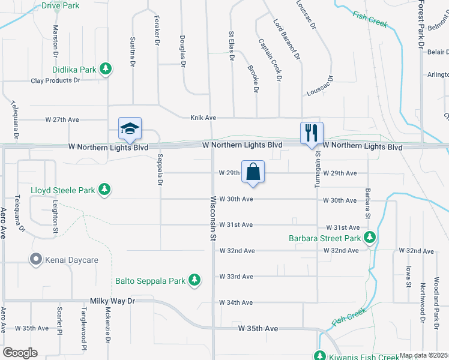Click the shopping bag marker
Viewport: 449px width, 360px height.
coord(253,172)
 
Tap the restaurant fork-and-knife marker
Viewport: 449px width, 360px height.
coord(312,133)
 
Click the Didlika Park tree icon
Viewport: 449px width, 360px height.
coord(106,70)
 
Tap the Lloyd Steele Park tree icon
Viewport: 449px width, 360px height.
coord(104,190)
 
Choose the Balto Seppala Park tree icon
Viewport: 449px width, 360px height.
coord(194,280)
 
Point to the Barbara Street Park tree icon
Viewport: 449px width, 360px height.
coord(370,238)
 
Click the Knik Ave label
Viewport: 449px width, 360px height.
coord(203,118)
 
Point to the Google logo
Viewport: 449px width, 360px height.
coord(20,353)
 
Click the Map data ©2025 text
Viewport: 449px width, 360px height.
coord(423,355)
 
